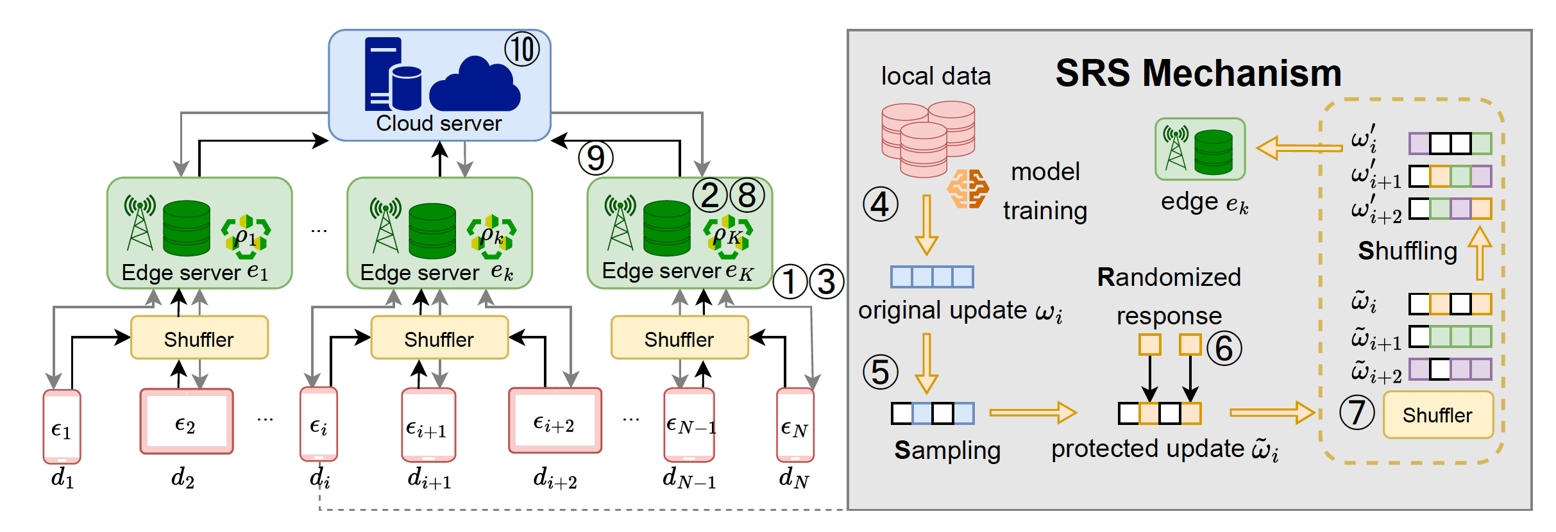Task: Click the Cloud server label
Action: click(x=439, y=123)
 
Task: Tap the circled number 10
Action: click(x=521, y=49)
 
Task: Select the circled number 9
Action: click(x=595, y=158)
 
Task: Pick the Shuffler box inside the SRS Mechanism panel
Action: click(x=1437, y=415)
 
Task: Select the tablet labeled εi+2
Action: click(x=555, y=421)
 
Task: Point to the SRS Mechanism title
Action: click(x=1198, y=73)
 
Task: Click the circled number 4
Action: click(x=880, y=204)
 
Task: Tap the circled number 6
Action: click(x=1224, y=348)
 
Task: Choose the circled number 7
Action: click(x=1357, y=412)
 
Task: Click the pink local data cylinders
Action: click(x=927, y=138)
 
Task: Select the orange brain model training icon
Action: click(x=968, y=189)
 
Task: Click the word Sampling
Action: click(x=947, y=451)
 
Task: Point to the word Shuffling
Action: click(x=1407, y=251)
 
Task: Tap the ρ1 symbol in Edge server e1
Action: click(x=246, y=237)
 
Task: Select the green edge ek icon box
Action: click(x=1200, y=149)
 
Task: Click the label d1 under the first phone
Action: click(x=62, y=478)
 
